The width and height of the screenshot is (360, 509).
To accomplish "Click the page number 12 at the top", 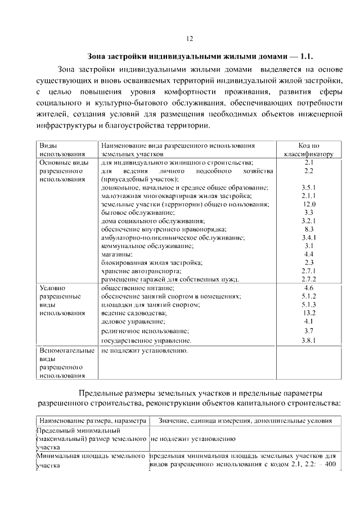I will coord(190,39).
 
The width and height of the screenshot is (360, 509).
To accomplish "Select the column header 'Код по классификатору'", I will coord(308,149).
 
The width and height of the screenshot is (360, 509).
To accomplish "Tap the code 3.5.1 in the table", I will coord(308,187).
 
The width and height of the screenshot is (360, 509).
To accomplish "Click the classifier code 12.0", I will coord(309,204).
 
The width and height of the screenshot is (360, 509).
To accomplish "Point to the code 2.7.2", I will coord(308,279).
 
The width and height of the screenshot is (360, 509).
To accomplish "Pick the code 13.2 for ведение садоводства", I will coord(309,312).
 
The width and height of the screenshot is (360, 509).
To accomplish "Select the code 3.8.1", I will coord(308,340).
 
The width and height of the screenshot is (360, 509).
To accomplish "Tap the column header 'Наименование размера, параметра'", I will coord(92,421).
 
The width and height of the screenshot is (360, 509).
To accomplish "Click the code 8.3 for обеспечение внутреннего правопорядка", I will coord(308,229).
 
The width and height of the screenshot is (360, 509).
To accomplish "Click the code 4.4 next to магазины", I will coord(308,254).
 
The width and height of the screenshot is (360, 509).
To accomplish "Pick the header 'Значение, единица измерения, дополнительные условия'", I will coord(245,421).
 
